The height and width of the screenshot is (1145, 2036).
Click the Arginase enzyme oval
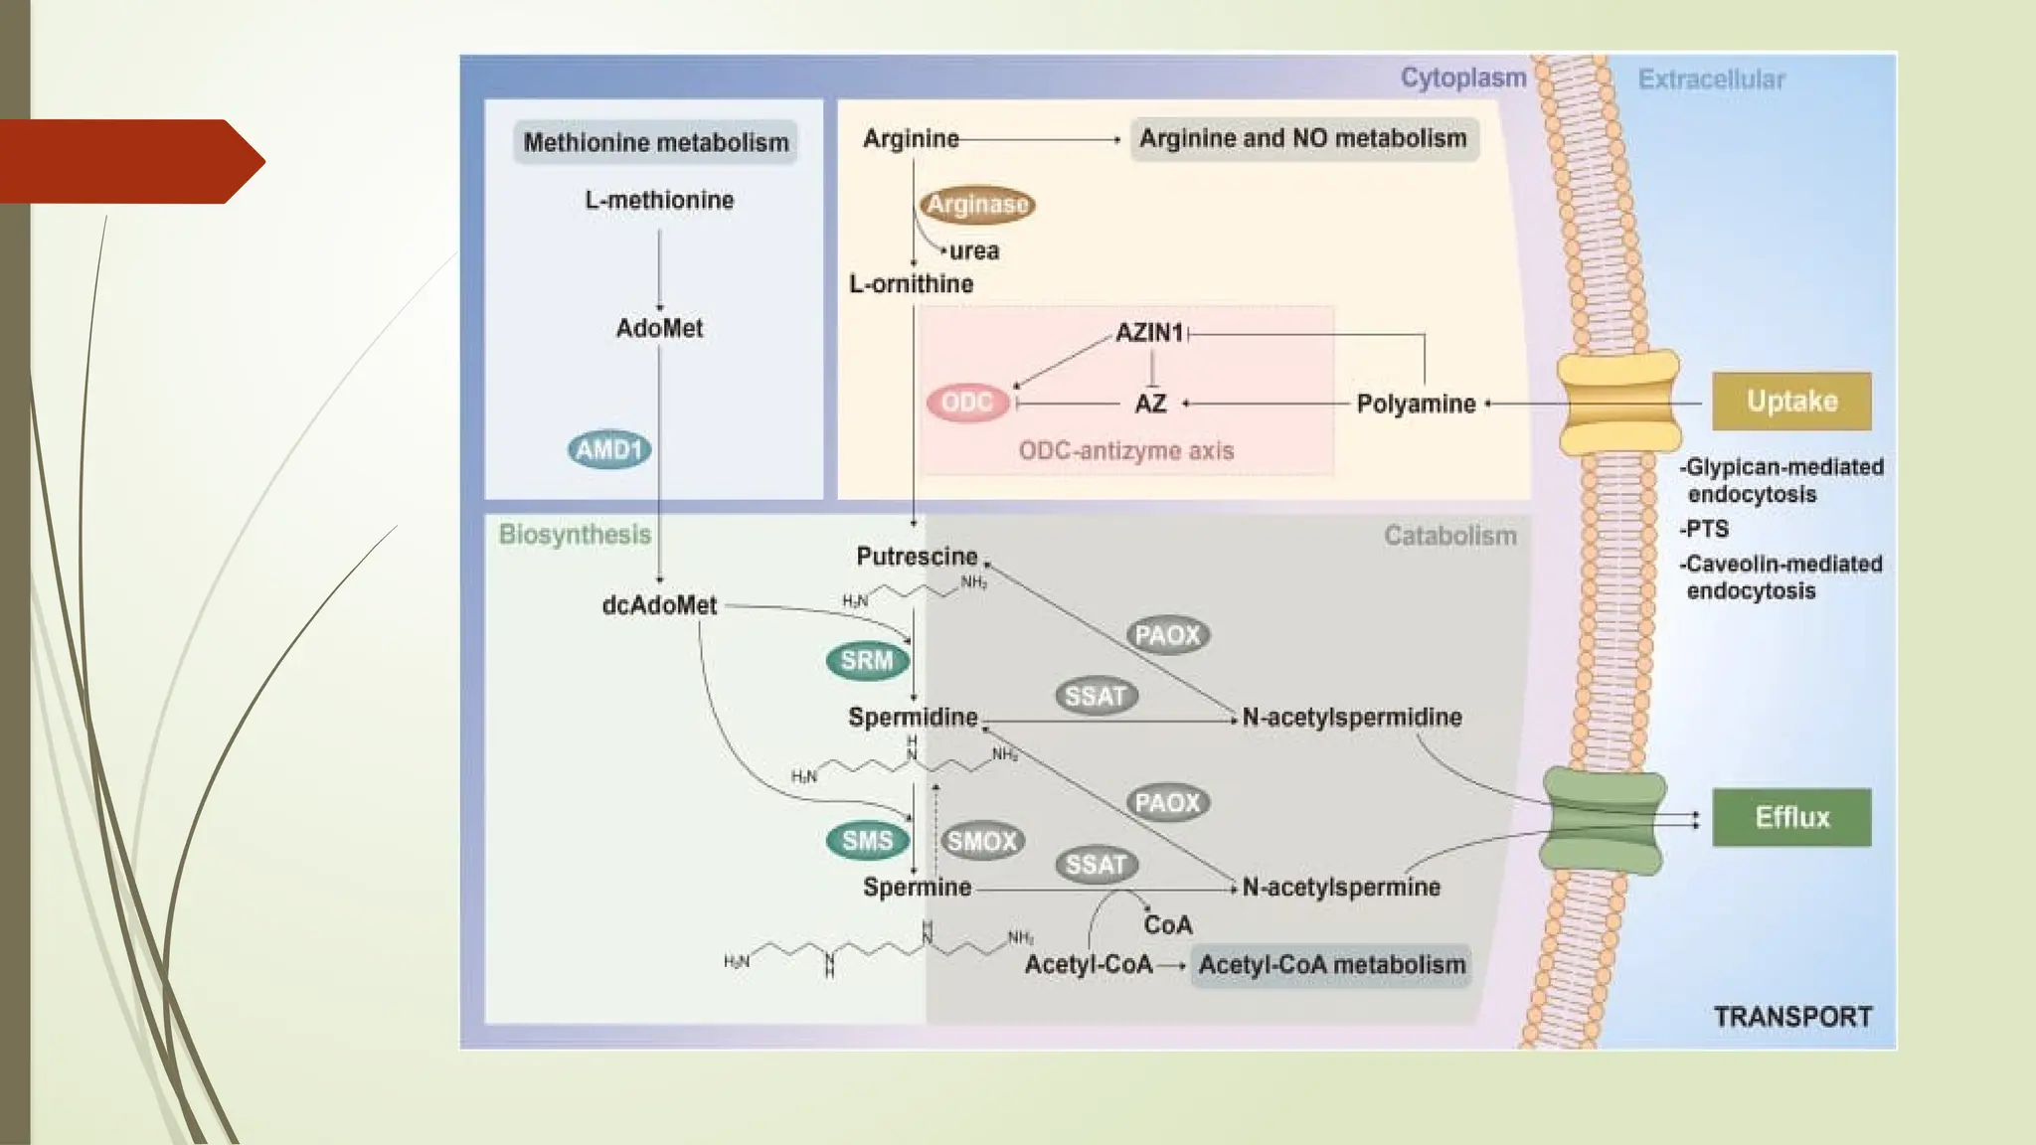click(977, 205)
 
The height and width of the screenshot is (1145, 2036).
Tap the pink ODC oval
click(967, 403)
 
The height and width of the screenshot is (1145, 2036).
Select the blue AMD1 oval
click(609, 449)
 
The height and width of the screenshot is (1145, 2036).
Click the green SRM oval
click(867, 661)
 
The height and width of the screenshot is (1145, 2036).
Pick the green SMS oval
click(867, 841)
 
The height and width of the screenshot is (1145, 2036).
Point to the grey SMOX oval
click(981, 842)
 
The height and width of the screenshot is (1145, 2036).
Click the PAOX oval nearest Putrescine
click(1167, 635)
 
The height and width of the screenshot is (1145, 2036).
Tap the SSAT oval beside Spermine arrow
click(1096, 865)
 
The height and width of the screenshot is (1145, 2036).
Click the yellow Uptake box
click(1791, 402)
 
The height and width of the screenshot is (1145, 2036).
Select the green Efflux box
click(1791, 817)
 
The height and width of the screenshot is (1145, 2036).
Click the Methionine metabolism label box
click(656, 143)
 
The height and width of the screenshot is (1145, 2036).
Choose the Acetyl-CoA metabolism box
click(1331, 965)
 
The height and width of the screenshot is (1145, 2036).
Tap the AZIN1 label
click(1149, 333)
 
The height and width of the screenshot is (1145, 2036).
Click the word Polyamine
click(1416, 405)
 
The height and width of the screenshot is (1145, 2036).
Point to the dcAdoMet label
click(659, 605)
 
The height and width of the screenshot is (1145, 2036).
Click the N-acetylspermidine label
click(1352, 718)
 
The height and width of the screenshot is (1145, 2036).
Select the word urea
click(973, 251)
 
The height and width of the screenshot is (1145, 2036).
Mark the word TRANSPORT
click(1792, 1017)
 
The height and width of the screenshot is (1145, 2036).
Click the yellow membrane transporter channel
click(1617, 402)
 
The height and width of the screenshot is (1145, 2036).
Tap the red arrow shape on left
click(129, 161)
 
